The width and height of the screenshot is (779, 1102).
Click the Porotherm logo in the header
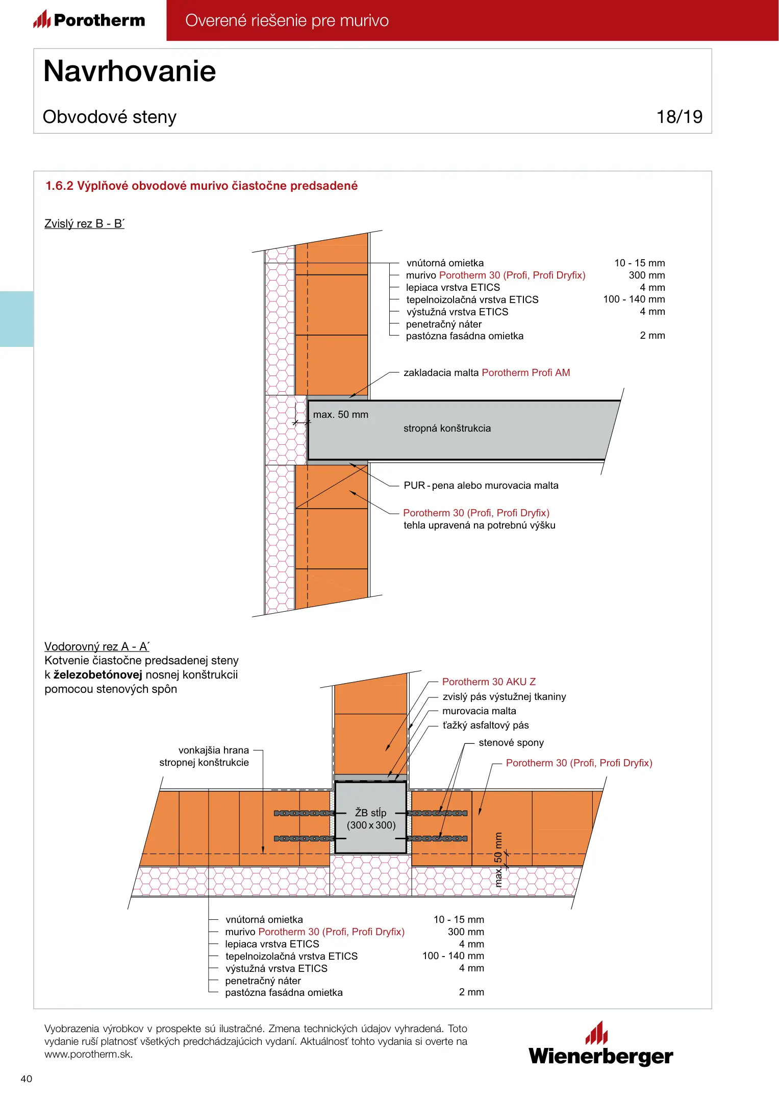click(x=89, y=20)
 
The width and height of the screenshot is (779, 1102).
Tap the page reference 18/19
click(x=679, y=117)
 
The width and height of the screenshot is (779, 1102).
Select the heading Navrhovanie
click(x=130, y=71)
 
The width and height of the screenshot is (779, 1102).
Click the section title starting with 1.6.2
click(x=202, y=186)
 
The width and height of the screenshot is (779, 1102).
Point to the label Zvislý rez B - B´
click(x=84, y=223)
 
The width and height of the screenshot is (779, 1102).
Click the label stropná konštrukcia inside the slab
click(x=447, y=429)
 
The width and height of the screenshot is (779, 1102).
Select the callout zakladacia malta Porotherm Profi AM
click(x=486, y=373)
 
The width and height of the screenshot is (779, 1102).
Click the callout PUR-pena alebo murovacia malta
click(x=481, y=486)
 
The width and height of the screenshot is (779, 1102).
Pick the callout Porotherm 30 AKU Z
click(x=489, y=682)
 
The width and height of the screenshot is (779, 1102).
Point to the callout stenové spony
click(x=511, y=743)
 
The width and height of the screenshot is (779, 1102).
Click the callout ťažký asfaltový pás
click(x=485, y=725)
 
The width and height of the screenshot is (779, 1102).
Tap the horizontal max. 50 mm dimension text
click(x=340, y=415)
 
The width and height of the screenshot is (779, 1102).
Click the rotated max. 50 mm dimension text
click(x=498, y=860)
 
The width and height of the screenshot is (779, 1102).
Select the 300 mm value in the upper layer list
click(x=646, y=275)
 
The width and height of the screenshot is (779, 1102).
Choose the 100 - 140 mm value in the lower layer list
click(x=453, y=956)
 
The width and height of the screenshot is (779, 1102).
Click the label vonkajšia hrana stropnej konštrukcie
click(x=204, y=757)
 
